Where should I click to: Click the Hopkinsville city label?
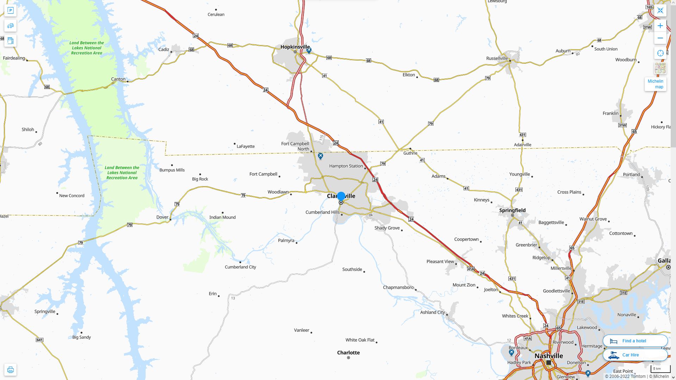[x=295, y=47]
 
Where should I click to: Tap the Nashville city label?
[x=549, y=356]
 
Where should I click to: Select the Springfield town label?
[x=512, y=210]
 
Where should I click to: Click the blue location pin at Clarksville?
[x=341, y=196]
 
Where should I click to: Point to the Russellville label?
[x=497, y=58]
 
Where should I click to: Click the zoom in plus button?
[x=660, y=26]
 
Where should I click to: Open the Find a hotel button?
[x=635, y=341]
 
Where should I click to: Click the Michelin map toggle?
[x=655, y=84]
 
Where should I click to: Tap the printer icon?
[x=11, y=370]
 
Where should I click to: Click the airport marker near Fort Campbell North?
[x=320, y=156]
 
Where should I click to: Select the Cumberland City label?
[x=240, y=267]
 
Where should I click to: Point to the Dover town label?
[x=162, y=217]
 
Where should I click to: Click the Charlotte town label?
[x=348, y=353]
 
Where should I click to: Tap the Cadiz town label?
[x=164, y=49]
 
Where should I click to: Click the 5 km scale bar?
[x=660, y=369]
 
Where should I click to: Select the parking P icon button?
[x=11, y=11]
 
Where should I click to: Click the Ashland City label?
[x=432, y=312]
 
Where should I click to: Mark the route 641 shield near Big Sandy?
[x=39, y=340]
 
